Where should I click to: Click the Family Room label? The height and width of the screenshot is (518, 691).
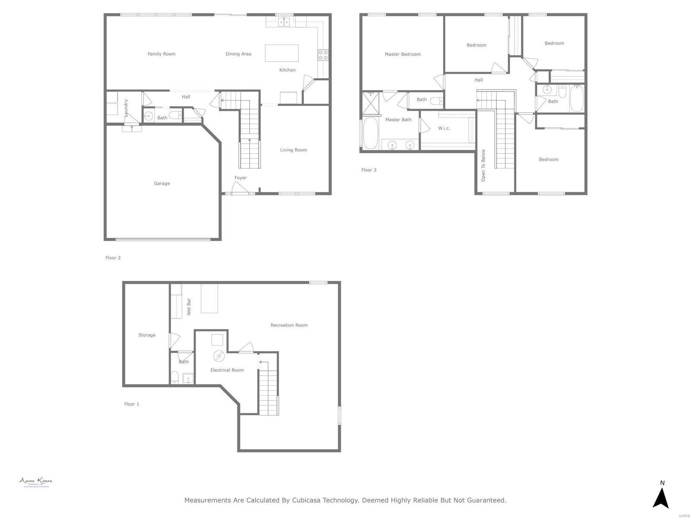pyautogui.click(x=162, y=54)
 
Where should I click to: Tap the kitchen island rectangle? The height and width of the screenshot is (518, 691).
pyautogui.click(x=282, y=53)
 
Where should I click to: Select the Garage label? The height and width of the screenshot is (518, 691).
pyautogui.click(x=162, y=183)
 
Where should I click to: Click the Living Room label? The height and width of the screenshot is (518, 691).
pyautogui.click(x=293, y=150)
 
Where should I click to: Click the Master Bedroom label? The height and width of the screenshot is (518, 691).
pyautogui.click(x=403, y=54)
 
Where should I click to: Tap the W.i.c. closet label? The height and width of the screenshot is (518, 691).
pyautogui.click(x=444, y=128)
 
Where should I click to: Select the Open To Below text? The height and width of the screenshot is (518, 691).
pyautogui.click(x=483, y=165)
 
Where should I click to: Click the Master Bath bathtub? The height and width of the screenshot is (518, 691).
pyautogui.click(x=370, y=133)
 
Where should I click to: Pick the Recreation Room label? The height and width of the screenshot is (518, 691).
pyautogui.click(x=289, y=325)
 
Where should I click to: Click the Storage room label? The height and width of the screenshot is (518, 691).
pyautogui.click(x=147, y=335)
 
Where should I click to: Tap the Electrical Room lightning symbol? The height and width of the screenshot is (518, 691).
pyautogui.click(x=219, y=356)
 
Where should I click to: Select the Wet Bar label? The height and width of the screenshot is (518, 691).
pyautogui.click(x=189, y=306)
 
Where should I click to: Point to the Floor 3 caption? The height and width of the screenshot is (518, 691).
pyautogui.click(x=369, y=170)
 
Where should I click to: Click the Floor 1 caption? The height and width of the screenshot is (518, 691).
pyautogui.click(x=132, y=404)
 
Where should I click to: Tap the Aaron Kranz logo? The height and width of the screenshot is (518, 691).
pyautogui.click(x=35, y=482)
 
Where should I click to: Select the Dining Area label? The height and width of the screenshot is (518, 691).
pyautogui.click(x=238, y=54)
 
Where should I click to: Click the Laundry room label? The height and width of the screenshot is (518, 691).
pyautogui.click(x=126, y=108)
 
